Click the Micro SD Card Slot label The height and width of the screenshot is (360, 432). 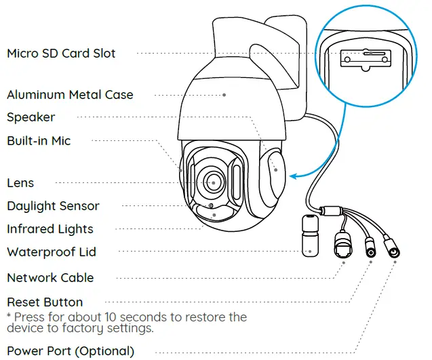tap(61, 54)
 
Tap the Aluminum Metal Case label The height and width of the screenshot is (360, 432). tap(70, 95)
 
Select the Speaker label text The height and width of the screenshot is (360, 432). tap(31, 117)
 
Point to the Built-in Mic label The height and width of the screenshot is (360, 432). tap(39, 141)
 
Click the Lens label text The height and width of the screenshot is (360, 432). tap(20, 183)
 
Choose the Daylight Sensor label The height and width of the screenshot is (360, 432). tap(53, 206)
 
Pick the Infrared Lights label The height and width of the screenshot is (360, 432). tap(50, 229)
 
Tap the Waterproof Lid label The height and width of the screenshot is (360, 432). tap(52, 252)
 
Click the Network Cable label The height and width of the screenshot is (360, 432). tap(50, 278)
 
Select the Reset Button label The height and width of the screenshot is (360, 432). tap(45, 302)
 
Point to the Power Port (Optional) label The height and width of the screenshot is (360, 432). tap(71, 351)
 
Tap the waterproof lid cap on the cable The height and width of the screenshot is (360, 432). tap(309, 234)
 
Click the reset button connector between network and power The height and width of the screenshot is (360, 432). tap(370, 249)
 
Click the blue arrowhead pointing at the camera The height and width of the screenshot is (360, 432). tap(292, 177)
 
